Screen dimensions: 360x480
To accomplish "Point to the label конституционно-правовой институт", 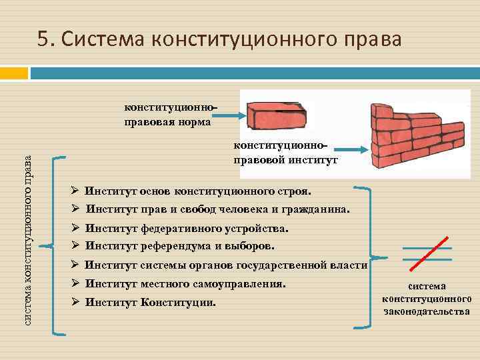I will tap(285, 153).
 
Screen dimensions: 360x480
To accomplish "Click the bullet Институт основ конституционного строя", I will tap(197, 191).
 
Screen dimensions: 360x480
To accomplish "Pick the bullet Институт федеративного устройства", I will tap(187, 229).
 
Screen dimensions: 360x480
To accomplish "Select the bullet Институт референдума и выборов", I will tap(179, 245).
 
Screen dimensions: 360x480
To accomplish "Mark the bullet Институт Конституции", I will tap(151, 303).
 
